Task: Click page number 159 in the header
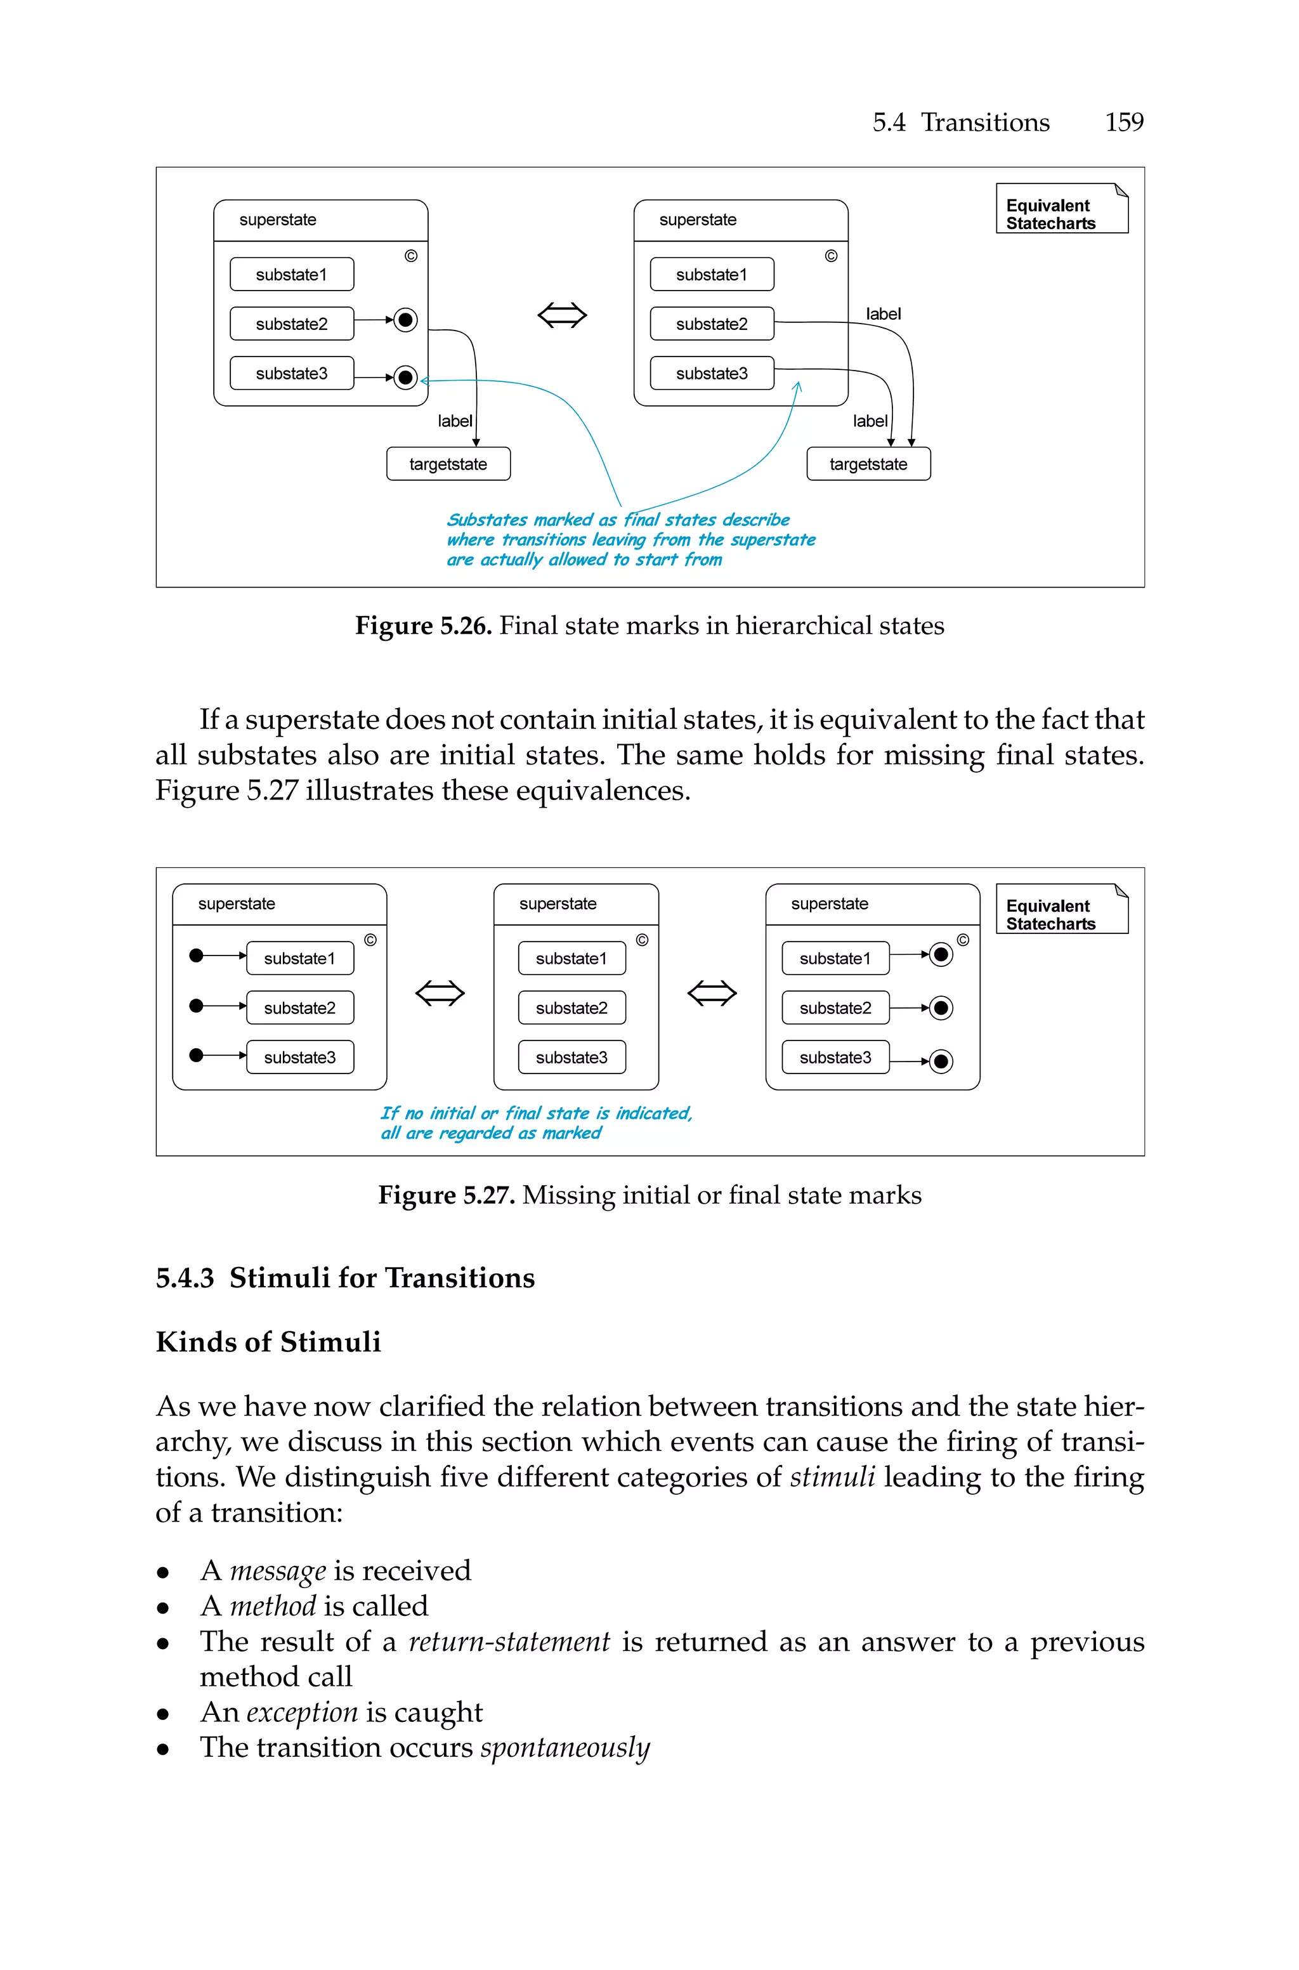click(1123, 122)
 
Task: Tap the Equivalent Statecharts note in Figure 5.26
click(1061, 209)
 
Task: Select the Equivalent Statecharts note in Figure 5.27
click(1061, 910)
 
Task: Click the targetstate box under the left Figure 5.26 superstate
click(448, 464)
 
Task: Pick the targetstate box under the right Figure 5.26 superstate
click(868, 464)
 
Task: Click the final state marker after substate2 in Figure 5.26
click(405, 320)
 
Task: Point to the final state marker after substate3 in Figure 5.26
click(405, 378)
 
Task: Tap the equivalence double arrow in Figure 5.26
click(563, 315)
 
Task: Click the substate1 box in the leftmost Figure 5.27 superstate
click(300, 959)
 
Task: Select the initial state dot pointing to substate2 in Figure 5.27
click(197, 1006)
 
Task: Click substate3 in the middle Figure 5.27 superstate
click(571, 1058)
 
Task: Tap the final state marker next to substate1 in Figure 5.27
click(941, 955)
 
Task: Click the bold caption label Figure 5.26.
click(423, 626)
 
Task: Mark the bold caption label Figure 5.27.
click(447, 1195)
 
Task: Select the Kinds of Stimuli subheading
click(268, 1342)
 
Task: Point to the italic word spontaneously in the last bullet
click(565, 1747)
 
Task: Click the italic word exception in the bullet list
click(303, 1712)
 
